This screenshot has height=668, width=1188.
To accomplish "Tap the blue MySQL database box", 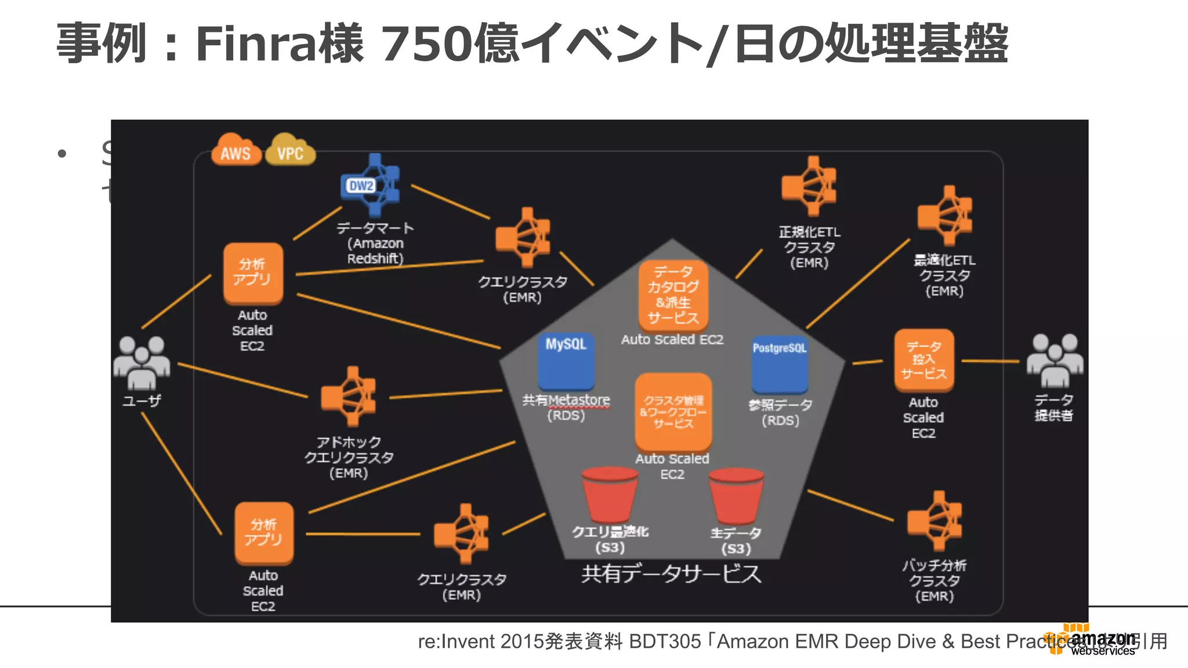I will click(566, 361).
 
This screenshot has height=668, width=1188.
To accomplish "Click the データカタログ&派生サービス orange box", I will click(673, 295).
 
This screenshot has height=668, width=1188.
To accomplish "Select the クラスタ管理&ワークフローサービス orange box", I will click(673, 412).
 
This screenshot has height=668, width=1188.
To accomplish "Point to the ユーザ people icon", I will click(142, 362).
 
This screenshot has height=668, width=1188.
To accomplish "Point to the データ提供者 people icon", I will click(1054, 360).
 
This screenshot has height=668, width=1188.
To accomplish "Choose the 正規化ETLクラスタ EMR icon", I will click(810, 186).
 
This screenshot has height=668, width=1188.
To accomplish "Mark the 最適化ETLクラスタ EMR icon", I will click(945, 216).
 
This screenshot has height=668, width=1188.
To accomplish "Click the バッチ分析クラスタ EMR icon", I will click(935, 521).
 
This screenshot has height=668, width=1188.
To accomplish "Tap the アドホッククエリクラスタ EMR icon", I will click(349, 397).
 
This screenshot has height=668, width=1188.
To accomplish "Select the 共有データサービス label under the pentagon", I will click(671, 574).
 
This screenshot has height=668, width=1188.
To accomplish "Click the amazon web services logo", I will click(1093, 641).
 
